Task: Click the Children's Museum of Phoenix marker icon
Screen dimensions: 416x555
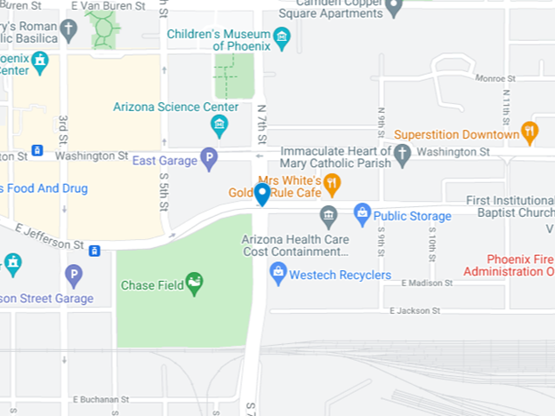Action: pyautogui.click(x=283, y=36)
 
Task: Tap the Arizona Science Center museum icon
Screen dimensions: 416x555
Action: pyautogui.click(x=220, y=124)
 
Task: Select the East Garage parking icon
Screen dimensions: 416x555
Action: pyautogui.click(x=208, y=159)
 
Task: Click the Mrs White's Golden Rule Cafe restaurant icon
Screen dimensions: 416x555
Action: pyautogui.click(x=333, y=184)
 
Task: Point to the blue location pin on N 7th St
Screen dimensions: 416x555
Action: pyautogui.click(x=262, y=194)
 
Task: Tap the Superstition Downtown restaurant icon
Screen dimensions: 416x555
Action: pyautogui.click(x=530, y=132)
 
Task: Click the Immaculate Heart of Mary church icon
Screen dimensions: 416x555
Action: pyautogui.click(x=402, y=156)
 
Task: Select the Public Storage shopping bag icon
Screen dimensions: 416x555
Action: pyautogui.click(x=362, y=213)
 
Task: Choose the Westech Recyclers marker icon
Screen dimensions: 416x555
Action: pyautogui.click(x=278, y=274)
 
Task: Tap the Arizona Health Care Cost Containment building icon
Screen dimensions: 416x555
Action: pyautogui.click(x=329, y=216)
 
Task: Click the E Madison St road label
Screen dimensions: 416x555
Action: pyautogui.click(x=426, y=284)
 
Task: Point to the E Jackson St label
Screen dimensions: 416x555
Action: pyautogui.click(x=415, y=311)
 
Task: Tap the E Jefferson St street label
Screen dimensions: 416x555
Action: pyautogui.click(x=48, y=236)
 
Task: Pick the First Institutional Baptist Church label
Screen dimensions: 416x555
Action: pyautogui.click(x=511, y=206)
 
